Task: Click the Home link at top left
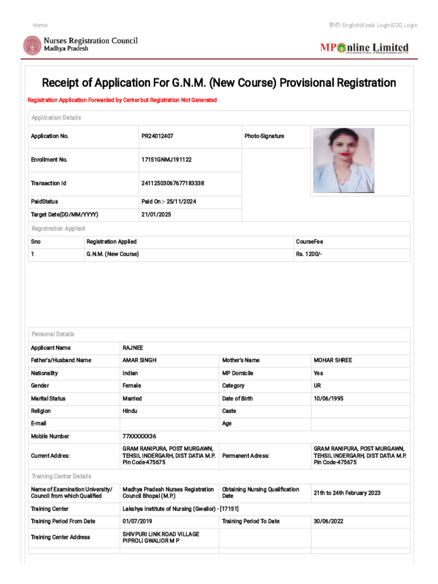coord(40,25)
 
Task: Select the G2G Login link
coord(405,25)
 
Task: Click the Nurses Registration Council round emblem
coord(32,46)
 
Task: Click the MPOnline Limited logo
coord(364,48)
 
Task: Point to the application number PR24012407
coord(157,136)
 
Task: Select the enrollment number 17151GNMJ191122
coord(167,160)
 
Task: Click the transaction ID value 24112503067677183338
coord(173,183)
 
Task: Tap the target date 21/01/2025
coord(156,214)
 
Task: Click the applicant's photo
coord(343,160)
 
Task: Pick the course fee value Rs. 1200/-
coord(309,254)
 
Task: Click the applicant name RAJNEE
coord(133,348)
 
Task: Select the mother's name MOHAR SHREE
coord(333,360)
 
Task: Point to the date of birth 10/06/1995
coord(328,399)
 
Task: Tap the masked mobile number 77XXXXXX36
coord(139,436)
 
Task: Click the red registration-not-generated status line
coord(122,100)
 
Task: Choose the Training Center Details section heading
coord(61,476)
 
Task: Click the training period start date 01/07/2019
coord(137,521)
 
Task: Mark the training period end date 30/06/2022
coord(328,521)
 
